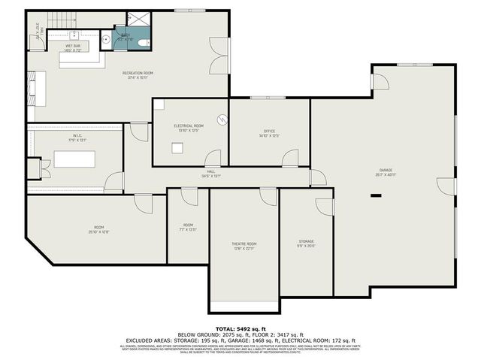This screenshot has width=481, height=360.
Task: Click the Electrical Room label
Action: [189, 126]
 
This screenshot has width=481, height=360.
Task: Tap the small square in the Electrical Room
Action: [177, 148]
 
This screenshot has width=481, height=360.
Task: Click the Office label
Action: [270, 132]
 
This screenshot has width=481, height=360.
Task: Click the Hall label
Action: [211, 171]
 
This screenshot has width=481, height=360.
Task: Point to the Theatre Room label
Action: [244, 244]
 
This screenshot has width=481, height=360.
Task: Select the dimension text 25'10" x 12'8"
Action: [98, 232]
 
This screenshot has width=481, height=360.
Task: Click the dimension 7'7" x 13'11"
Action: [188, 229]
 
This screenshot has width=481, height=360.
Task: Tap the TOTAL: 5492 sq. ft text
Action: [240, 328]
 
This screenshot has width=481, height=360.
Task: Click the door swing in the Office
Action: [289, 156]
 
